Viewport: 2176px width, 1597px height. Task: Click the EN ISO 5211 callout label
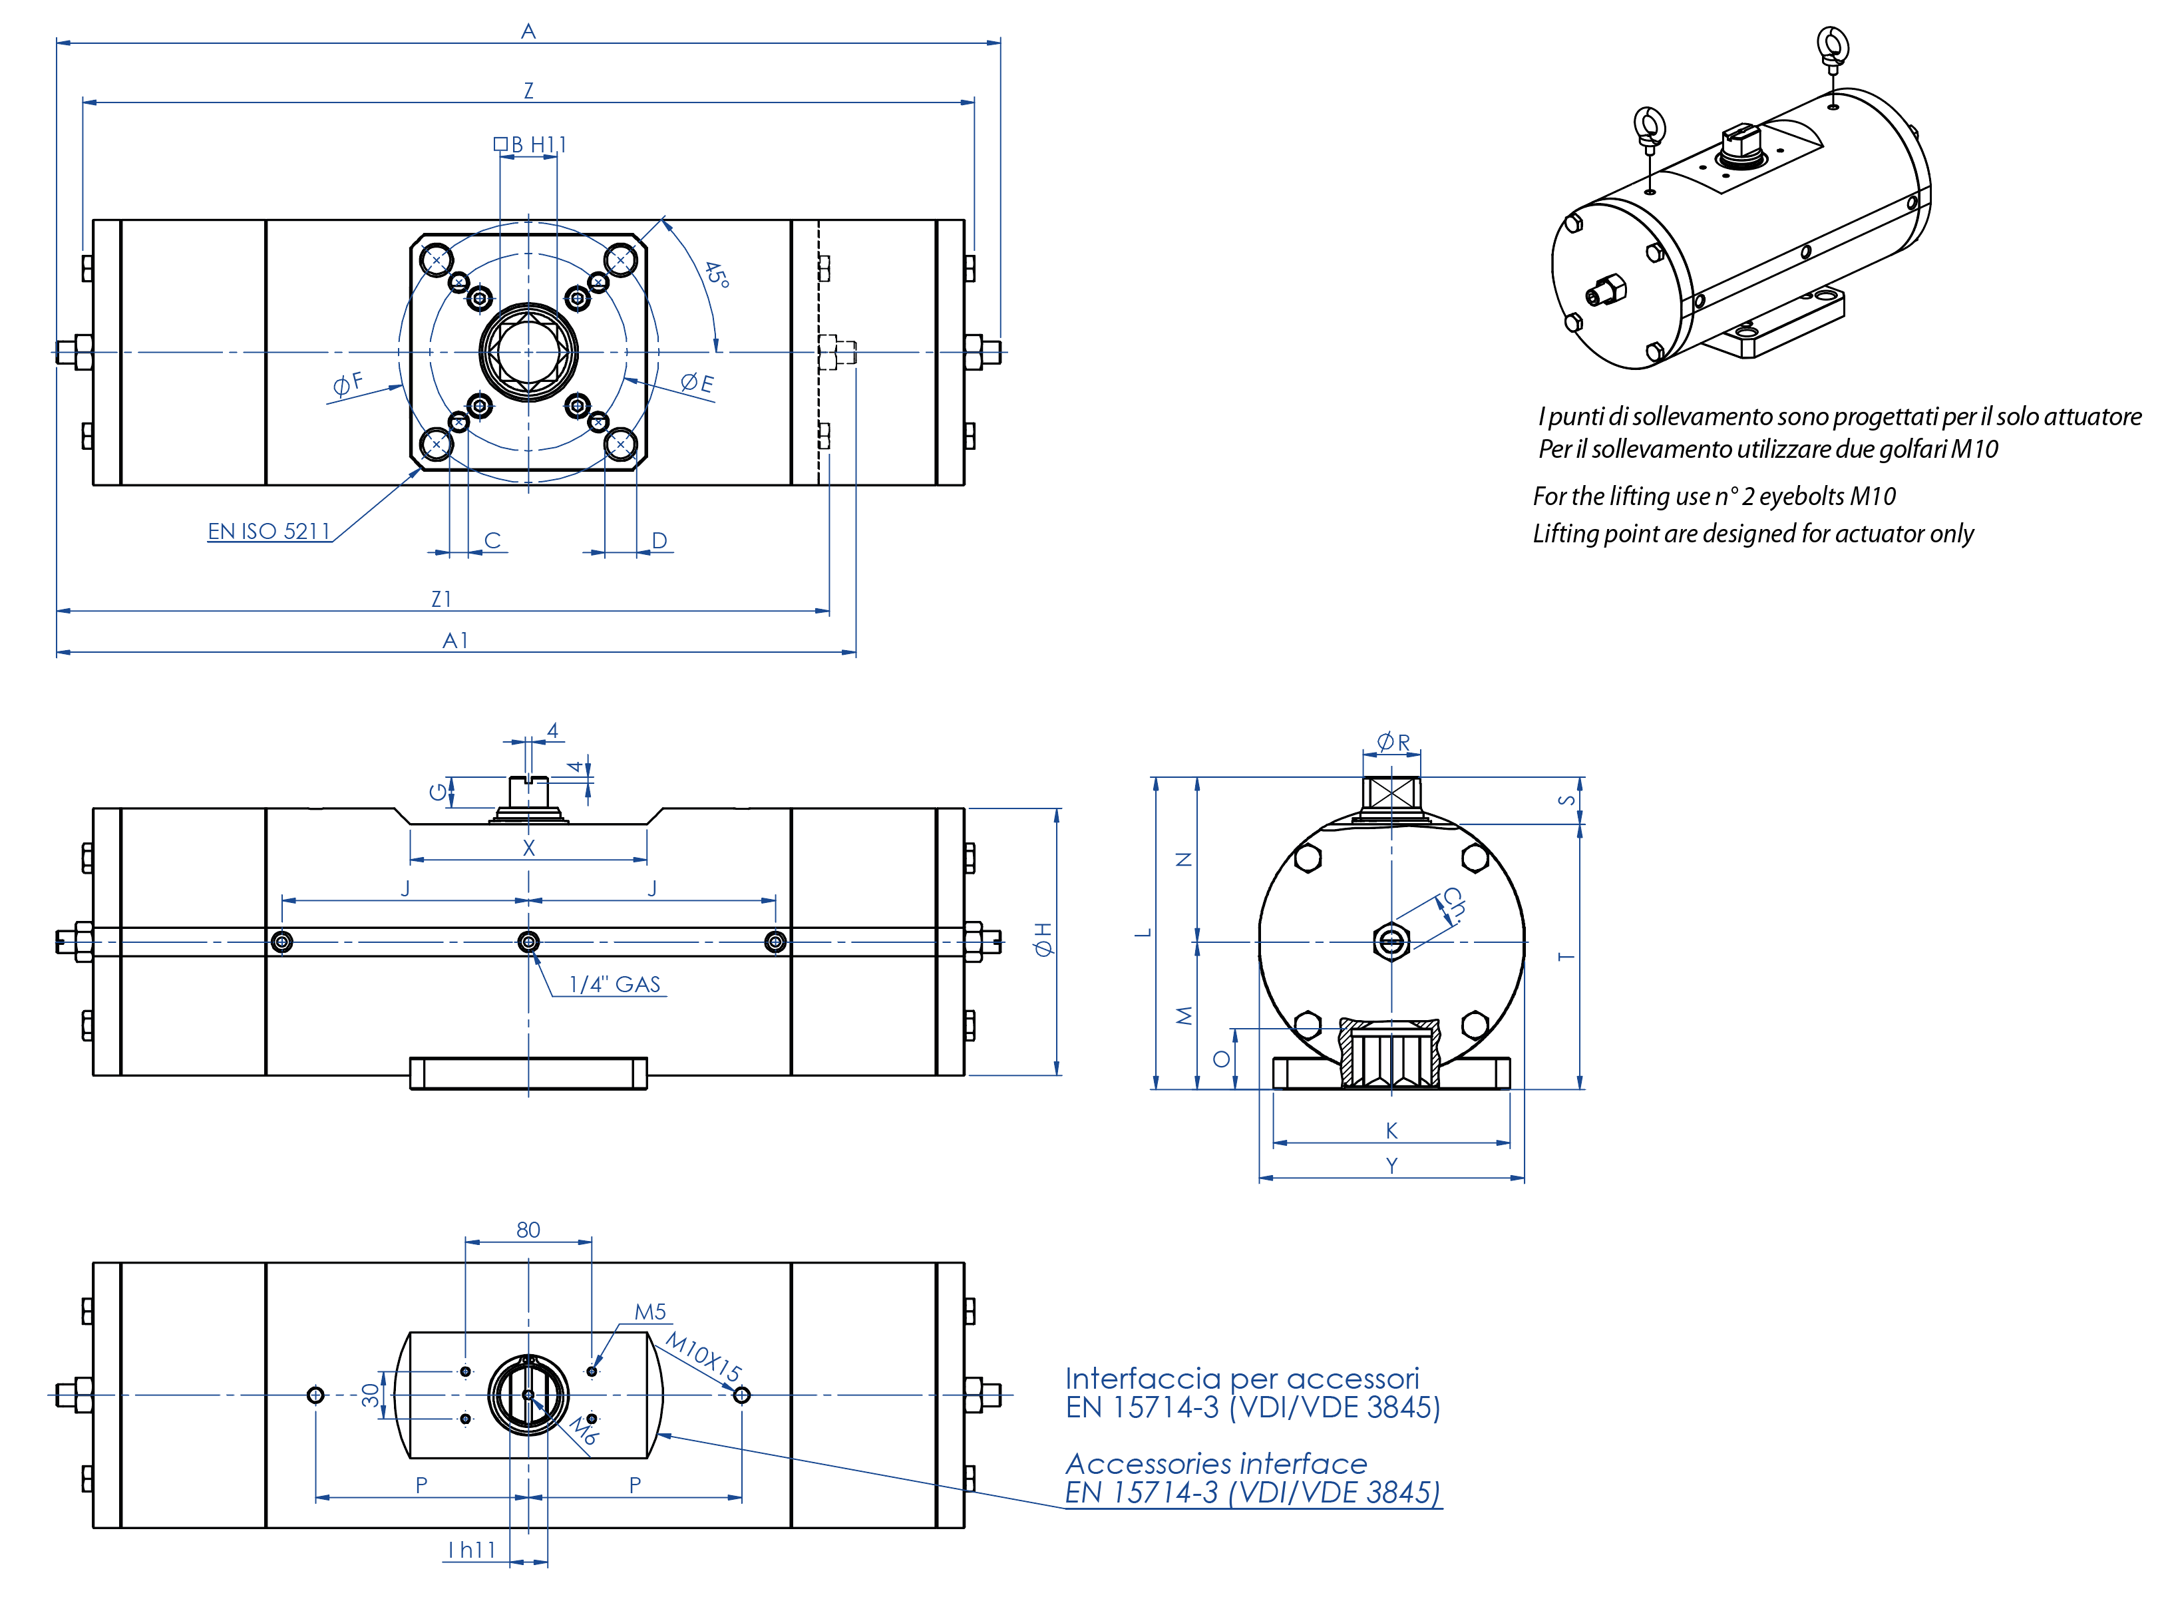click(x=269, y=532)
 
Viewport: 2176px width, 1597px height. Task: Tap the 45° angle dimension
click(x=716, y=275)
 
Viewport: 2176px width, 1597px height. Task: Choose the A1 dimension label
click(x=455, y=641)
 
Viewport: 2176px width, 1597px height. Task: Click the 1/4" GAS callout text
click(x=615, y=985)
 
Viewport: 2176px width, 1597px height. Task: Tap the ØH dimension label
click(x=1043, y=940)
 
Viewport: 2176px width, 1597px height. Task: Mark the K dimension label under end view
click(x=1391, y=1130)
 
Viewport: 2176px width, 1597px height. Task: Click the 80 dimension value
click(x=528, y=1230)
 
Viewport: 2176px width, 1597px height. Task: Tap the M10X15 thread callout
click(x=704, y=1357)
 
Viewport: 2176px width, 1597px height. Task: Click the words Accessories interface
click(x=1216, y=1464)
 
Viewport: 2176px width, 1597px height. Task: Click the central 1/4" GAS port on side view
click(x=529, y=942)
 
